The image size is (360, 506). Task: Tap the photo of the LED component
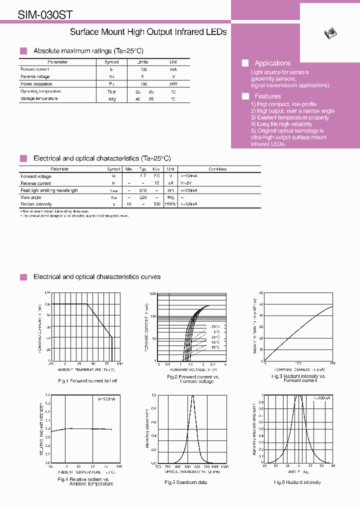[x=330, y=33]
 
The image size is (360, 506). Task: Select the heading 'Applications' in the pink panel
[x=272, y=63]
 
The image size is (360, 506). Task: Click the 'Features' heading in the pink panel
[x=267, y=96]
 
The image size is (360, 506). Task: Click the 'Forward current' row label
[x=35, y=69]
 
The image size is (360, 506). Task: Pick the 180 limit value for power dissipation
[x=144, y=84]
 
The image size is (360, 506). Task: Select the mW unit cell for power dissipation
[x=173, y=84]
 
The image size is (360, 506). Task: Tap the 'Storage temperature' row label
[x=39, y=98]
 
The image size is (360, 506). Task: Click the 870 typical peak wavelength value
[x=142, y=190]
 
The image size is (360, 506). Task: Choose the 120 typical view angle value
[x=142, y=197]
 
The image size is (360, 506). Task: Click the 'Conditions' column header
[x=217, y=169]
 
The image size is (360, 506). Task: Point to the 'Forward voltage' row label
[x=36, y=176]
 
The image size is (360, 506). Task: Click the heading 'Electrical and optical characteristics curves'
[x=97, y=276]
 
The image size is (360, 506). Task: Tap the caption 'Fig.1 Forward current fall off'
[x=87, y=381]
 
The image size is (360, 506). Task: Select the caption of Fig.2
[x=193, y=379]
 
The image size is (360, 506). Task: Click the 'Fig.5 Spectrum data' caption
[x=186, y=482]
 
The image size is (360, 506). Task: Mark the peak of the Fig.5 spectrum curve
[x=193, y=396]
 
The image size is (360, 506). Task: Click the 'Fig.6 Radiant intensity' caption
[x=297, y=482]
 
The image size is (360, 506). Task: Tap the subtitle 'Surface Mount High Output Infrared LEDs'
[x=148, y=32]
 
